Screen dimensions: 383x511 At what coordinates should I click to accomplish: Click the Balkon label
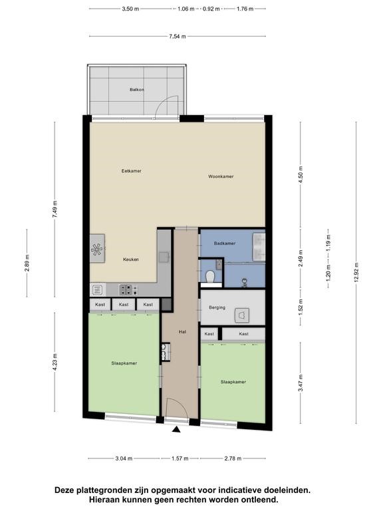[137, 89]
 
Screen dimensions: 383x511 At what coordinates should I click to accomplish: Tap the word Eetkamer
[131, 171]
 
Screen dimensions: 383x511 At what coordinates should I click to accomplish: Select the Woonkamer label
[221, 176]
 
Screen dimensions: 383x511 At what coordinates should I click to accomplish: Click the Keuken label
[131, 259]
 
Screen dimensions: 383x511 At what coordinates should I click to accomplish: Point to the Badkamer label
[225, 243]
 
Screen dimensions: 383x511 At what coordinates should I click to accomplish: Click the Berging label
[217, 307]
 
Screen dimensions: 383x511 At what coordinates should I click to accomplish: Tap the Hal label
[182, 332]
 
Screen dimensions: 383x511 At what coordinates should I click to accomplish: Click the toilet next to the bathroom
[211, 277]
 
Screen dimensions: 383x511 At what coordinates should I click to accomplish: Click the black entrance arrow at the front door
[176, 430]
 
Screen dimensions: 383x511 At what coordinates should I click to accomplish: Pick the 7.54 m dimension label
[178, 36]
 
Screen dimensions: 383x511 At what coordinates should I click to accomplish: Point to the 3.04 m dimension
[124, 458]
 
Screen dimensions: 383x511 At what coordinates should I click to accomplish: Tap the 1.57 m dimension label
[180, 458]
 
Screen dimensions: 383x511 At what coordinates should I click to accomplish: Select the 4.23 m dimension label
[55, 362]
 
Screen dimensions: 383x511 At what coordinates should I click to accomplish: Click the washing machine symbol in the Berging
[241, 315]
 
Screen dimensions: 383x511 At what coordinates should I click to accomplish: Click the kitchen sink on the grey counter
[164, 257]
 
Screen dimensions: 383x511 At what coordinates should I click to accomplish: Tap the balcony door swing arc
[164, 103]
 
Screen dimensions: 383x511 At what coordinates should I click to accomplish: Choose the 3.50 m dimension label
[130, 9]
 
